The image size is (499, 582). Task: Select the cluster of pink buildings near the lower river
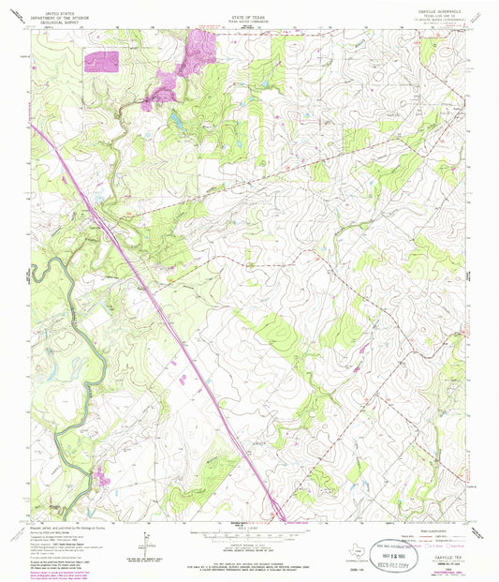[x=100, y=479]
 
